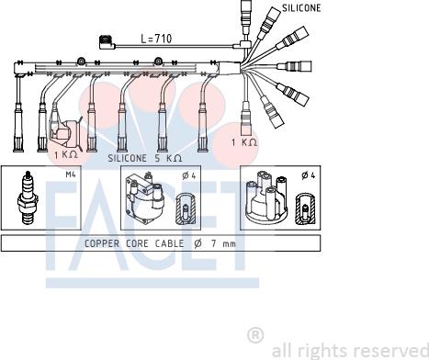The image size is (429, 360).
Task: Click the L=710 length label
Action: pyautogui.click(x=156, y=39)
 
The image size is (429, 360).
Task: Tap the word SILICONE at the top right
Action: pyautogui.click(x=301, y=8)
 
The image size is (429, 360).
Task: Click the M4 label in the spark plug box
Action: pyautogui.click(x=71, y=174)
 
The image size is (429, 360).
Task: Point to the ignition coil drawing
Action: pyautogui.click(x=145, y=197)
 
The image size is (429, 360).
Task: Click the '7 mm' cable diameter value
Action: pyautogui.click(x=223, y=243)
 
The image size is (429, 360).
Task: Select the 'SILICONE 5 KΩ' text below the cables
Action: pyautogui.click(x=145, y=158)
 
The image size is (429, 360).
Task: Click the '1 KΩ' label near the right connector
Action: pyautogui.click(x=244, y=142)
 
